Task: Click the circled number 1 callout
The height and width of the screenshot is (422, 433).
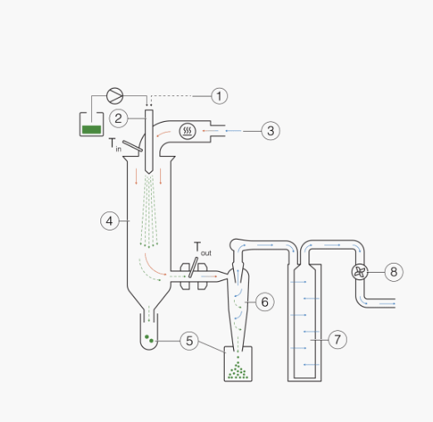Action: pos(219,96)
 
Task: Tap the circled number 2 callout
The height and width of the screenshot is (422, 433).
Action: pos(119,119)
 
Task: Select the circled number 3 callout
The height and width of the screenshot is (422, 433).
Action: pos(270,131)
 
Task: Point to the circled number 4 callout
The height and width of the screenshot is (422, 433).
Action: pos(109,221)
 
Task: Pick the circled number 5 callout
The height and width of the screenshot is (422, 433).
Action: pos(189,341)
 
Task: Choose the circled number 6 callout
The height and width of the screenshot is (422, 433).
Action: pos(265,302)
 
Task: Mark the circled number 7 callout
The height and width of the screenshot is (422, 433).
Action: pos(338,340)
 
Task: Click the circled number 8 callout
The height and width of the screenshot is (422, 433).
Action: pos(394,272)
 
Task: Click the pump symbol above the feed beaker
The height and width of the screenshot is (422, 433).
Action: pos(114,96)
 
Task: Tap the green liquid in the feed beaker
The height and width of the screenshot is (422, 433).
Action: pos(91,129)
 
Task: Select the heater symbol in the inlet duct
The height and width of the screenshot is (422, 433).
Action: pos(187,131)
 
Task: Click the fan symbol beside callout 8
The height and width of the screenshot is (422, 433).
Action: pos(360,272)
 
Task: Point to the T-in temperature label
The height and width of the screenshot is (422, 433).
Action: pos(114,144)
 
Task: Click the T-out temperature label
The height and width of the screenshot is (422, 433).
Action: pos(202,249)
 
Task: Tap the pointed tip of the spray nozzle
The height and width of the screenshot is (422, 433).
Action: pos(149,173)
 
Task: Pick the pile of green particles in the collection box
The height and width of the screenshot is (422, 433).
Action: pos(238,369)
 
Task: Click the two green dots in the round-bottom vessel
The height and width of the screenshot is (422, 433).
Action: pos(149,339)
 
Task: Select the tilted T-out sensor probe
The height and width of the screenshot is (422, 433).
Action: pos(193,267)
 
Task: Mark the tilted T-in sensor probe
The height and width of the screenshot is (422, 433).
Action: pos(133,146)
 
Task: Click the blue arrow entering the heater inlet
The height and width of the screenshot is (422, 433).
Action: pos(234,131)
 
